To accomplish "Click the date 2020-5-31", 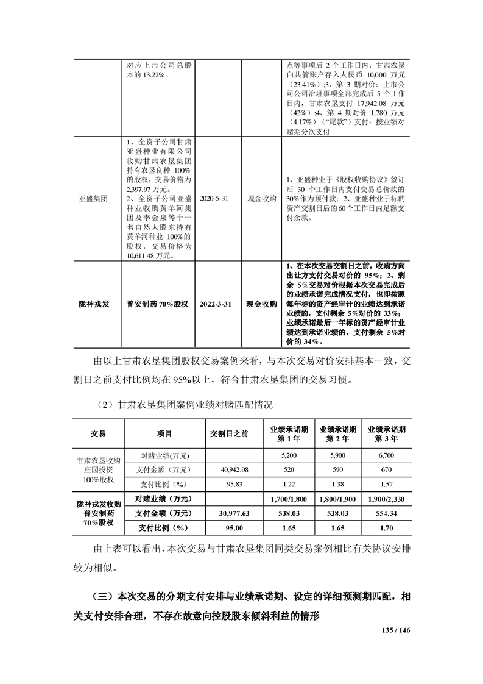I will coord(217,199).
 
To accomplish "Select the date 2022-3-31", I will coord(217,303).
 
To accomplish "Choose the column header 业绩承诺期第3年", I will coord(388,433).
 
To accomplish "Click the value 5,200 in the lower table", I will coord(288,455).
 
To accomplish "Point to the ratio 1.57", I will coord(388,484).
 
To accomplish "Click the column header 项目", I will coord(163,433).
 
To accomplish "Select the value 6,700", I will coord(388,455).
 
